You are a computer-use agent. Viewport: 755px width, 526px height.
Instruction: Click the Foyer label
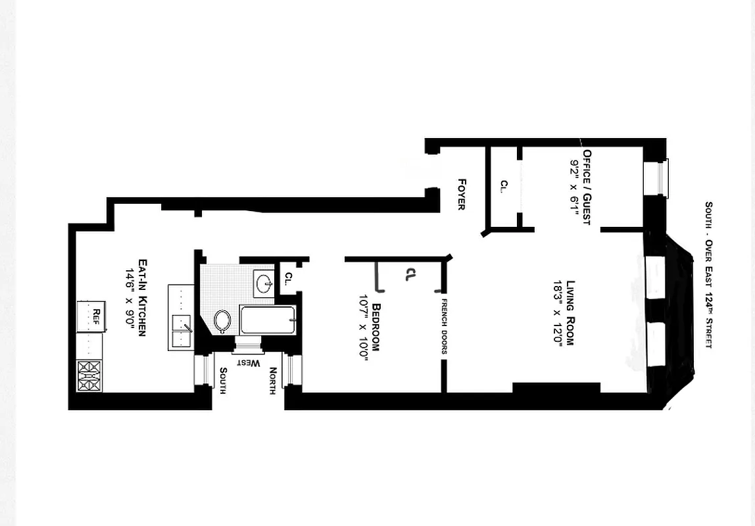[462, 195]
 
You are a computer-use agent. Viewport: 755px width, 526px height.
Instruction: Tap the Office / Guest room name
[586, 187]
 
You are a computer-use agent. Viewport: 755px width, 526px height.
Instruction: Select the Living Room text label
[570, 313]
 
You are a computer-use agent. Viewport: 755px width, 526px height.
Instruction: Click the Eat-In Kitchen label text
[140, 297]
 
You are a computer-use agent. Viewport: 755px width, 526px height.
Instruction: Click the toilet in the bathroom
[222, 320]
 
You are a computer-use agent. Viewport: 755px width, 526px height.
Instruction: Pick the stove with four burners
[89, 375]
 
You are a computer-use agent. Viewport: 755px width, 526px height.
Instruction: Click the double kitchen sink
[181, 330]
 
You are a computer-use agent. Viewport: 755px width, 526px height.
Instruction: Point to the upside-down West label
[248, 363]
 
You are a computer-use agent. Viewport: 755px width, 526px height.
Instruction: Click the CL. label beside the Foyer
[504, 187]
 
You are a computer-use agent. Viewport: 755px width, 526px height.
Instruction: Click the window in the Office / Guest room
[662, 178]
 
